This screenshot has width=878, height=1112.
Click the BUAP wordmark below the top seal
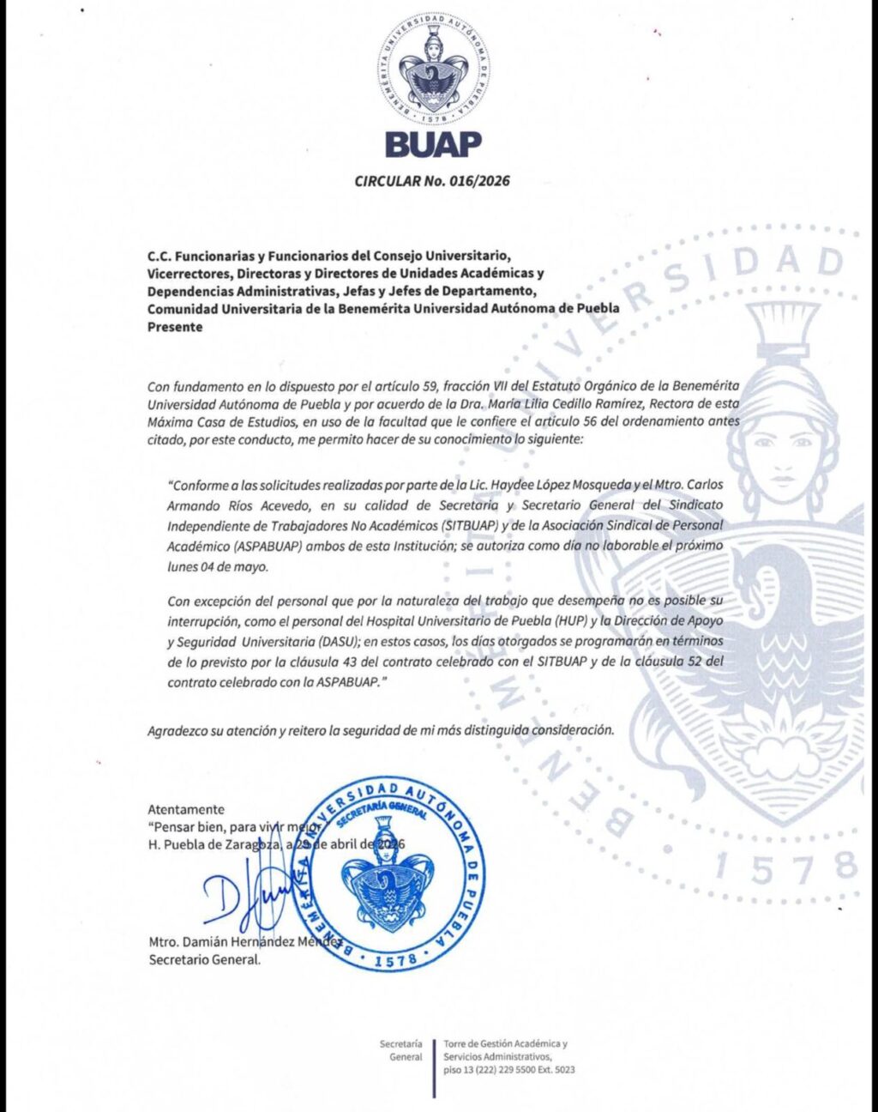pyautogui.click(x=433, y=145)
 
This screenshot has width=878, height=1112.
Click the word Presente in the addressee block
pyautogui.click(x=175, y=327)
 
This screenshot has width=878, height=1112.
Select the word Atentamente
pyautogui.click(x=186, y=809)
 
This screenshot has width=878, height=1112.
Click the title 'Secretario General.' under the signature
pyautogui.click(x=204, y=959)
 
